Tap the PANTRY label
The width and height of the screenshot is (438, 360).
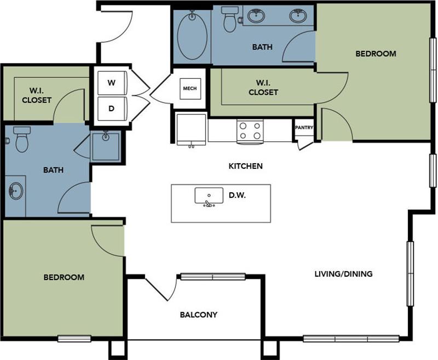304,128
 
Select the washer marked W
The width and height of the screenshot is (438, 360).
112,83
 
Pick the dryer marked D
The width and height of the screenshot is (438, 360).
112,108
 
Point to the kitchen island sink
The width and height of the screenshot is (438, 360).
209,196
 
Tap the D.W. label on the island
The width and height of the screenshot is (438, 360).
237,195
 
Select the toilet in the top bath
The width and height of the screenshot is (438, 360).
230,20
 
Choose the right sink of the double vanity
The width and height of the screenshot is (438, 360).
298,16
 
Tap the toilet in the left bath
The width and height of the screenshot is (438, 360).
21,140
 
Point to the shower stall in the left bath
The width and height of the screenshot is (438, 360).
105,146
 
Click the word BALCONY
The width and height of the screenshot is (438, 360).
199,315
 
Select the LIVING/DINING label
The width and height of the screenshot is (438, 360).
343,273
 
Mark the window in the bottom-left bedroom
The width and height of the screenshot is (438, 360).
74,338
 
